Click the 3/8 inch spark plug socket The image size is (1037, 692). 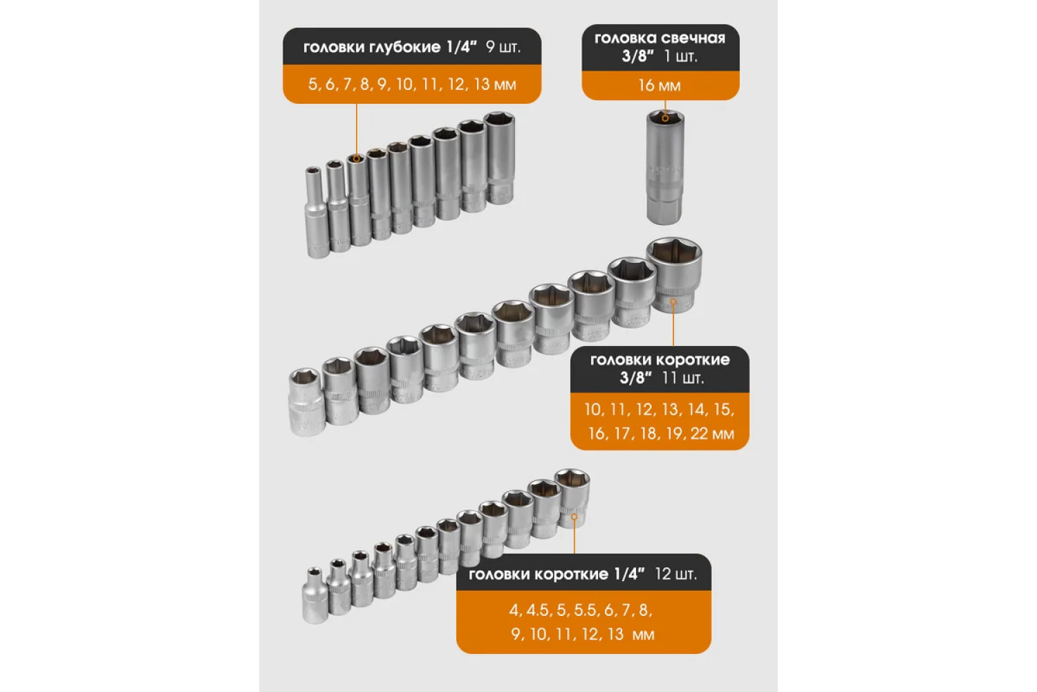point(665,167)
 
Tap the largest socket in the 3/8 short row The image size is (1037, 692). point(675,275)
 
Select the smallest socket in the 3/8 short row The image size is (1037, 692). point(306,402)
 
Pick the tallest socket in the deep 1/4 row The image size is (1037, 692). point(500,158)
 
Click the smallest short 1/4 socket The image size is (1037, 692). point(315,595)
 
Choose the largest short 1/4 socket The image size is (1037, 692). point(572,498)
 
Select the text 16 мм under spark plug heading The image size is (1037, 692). point(660,86)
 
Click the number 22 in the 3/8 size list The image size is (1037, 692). point(699,434)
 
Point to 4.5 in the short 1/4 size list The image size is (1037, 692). point(537,610)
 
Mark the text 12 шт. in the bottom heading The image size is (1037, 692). point(676,574)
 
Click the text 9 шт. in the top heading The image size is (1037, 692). point(503,47)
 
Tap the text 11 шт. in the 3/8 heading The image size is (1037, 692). point(683,379)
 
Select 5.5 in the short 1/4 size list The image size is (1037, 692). point(585,610)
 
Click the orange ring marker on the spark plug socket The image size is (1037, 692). point(665,118)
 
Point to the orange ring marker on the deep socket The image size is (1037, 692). point(357,158)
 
